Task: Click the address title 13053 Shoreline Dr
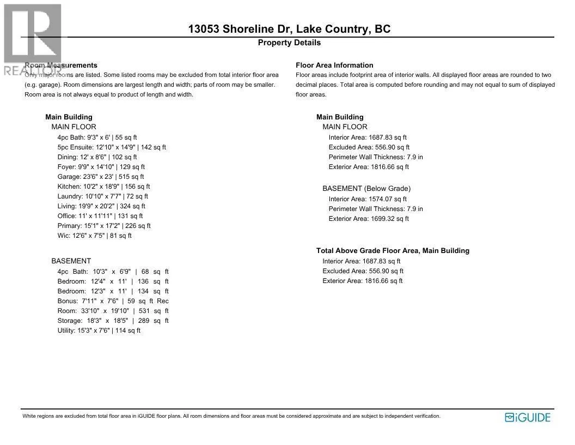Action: click(289, 29)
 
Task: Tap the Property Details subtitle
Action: click(289, 43)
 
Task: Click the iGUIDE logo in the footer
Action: click(528, 418)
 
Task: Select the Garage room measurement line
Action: click(101, 177)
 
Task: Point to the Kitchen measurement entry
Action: click(103, 187)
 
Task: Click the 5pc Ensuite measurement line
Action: click(112, 147)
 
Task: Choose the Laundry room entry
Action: click(103, 196)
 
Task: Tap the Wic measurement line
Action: click(94, 236)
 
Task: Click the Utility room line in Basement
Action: click(99, 330)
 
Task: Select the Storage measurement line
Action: click(113, 321)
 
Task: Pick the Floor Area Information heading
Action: click(334, 65)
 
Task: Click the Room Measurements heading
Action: click(61, 65)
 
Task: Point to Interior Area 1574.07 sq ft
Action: click(368, 199)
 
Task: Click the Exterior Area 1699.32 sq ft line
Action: click(369, 219)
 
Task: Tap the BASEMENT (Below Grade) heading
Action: click(366, 189)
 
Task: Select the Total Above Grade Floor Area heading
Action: click(393, 251)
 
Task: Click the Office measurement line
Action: click(100, 216)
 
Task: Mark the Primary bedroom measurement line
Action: click(104, 226)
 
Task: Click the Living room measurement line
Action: click(101, 206)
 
